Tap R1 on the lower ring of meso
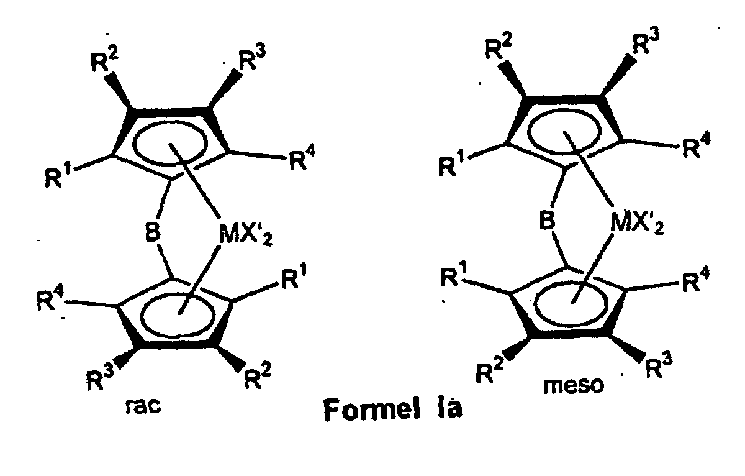click(459, 276)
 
